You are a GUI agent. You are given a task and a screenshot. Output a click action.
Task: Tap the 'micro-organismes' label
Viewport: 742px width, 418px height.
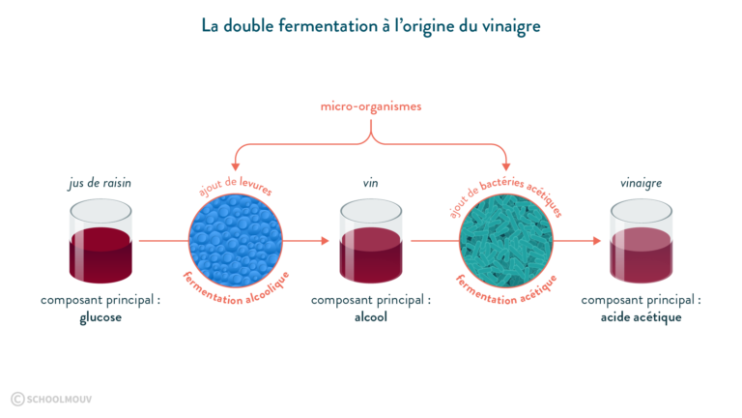pyautogui.click(x=371, y=106)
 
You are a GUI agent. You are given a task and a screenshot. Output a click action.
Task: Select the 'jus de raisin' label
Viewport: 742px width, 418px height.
pyautogui.click(x=100, y=182)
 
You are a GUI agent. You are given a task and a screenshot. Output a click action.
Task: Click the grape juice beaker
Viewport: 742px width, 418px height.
pyautogui.click(x=100, y=242)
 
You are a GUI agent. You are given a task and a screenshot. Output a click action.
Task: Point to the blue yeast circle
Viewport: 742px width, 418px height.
pyautogui.click(x=235, y=240)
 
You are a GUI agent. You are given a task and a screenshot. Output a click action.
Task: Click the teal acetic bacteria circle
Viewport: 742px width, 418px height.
pyautogui.click(x=505, y=240)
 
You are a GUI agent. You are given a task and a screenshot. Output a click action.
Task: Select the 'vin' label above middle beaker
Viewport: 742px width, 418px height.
pyautogui.click(x=371, y=182)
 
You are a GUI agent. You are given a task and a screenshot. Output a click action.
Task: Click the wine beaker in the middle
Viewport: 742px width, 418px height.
pyautogui.click(x=371, y=242)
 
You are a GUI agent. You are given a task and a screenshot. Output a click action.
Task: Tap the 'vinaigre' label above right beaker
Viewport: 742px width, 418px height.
pyautogui.click(x=641, y=182)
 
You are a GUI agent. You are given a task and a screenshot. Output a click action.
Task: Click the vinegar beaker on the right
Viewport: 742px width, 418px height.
pyautogui.click(x=641, y=242)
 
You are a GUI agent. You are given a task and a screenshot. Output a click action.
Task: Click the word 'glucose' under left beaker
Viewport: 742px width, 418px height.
pyautogui.click(x=100, y=317)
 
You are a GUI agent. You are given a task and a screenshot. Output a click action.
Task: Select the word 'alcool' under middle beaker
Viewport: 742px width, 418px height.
pyautogui.click(x=371, y=317)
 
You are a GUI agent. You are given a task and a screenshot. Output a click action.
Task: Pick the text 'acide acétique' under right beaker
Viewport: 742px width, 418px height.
pyautogui.click(x=641, y=317)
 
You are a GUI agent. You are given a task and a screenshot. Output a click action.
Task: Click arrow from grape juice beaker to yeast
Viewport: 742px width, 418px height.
pyautogui.click(x=160, y=240)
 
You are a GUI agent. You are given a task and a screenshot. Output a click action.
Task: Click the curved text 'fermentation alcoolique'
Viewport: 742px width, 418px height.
pyautogui.click(x=235, y=294)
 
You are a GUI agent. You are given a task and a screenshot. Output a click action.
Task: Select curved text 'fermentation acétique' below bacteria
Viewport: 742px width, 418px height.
pyautogui.click(x=505, y=294)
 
